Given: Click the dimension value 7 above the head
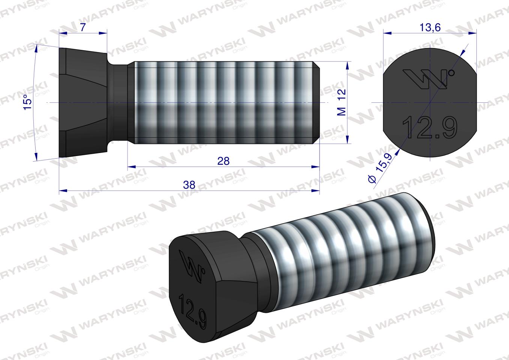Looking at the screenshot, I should coord(83,27).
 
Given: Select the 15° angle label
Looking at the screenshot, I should coord(27,102).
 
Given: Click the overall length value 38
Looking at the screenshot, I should coord(189,185).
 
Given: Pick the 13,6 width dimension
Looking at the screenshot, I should coord(430,27).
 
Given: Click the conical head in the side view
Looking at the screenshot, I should coord(83,102).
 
